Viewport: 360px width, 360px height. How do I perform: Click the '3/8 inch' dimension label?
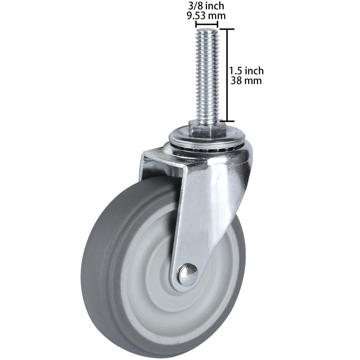coord(206,5)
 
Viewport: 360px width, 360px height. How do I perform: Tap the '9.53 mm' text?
coord(206,15)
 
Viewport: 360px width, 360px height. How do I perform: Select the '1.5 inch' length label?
coord(246,71)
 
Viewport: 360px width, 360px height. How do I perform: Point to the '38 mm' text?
coord(246,80)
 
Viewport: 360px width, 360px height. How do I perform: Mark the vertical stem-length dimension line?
coord(227,75)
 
